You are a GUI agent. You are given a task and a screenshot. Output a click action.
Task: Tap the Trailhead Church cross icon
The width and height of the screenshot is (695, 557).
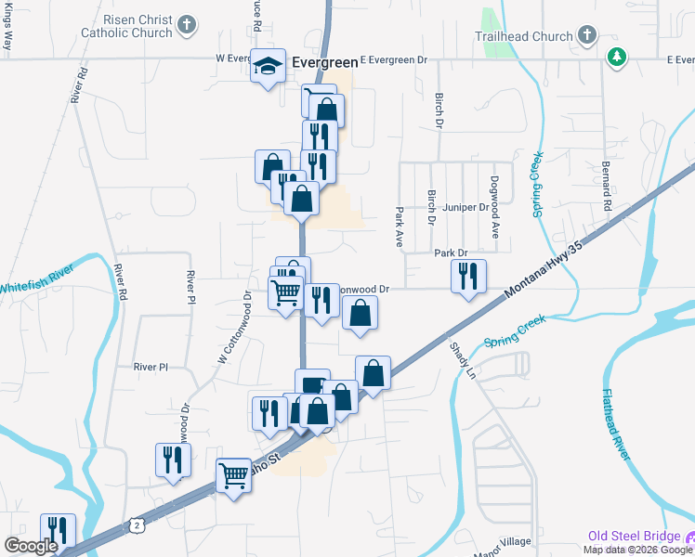pyautogui.click(x=586, y=36)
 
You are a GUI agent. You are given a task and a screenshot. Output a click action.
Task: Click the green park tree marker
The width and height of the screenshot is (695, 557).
pyautogui.click(x=615, y=58)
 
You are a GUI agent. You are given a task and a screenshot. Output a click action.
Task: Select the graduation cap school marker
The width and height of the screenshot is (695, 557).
pyautogui.click(x=268, y=65)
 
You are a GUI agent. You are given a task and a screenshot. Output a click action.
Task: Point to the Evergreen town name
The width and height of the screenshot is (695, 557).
pyautogui.click(x=324, y=62)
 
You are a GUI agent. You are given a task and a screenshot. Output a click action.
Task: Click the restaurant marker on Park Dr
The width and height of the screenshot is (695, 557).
pyautogui.click(x=468, y=275)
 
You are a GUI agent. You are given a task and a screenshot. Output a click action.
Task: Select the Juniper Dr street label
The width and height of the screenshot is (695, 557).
pyautogui.click(x=466, y=207)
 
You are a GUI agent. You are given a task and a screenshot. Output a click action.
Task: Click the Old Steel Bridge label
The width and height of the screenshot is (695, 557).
pyautogui.click(x=633, y=537)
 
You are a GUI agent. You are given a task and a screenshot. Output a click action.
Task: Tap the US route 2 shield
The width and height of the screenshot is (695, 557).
pyautogui.click(x=137, y=526)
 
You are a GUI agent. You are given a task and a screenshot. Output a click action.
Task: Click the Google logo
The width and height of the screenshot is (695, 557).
pyautogui.click(x=31, y=546)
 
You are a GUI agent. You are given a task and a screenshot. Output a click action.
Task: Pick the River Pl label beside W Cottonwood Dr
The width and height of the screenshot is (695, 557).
pyautogui.click(x=150, y=367)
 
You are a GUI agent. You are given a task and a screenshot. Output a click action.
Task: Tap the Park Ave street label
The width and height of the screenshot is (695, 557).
pyautogui.click(x=400, y=227)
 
